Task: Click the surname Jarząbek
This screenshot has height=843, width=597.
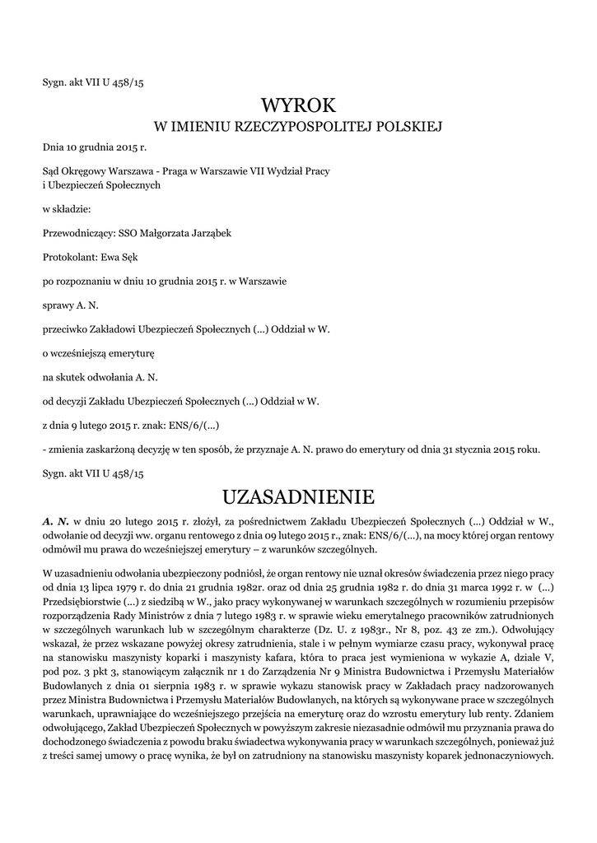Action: click(x=205, y=233)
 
